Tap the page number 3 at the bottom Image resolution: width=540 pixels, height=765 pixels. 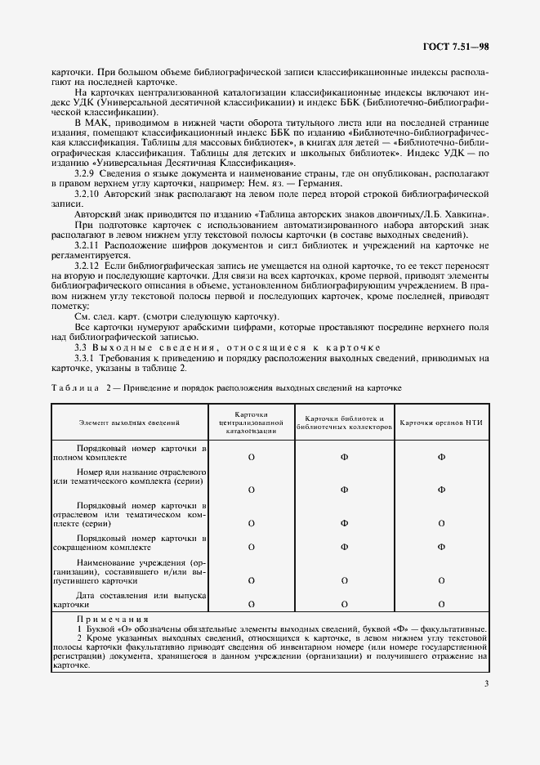[485, 684]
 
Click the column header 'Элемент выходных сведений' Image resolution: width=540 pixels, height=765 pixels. [130, 423]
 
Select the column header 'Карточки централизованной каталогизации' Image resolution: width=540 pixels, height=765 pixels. [252, 422]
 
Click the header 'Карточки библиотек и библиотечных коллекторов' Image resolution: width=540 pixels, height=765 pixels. [344, 422]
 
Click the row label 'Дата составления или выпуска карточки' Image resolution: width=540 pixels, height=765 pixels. [130, 600]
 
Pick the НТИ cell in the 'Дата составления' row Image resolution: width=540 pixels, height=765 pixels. [441, 604]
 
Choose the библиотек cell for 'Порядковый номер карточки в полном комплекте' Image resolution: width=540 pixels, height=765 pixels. [344, 458]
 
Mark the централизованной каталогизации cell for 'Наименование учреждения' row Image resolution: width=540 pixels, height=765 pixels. [252, 579]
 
